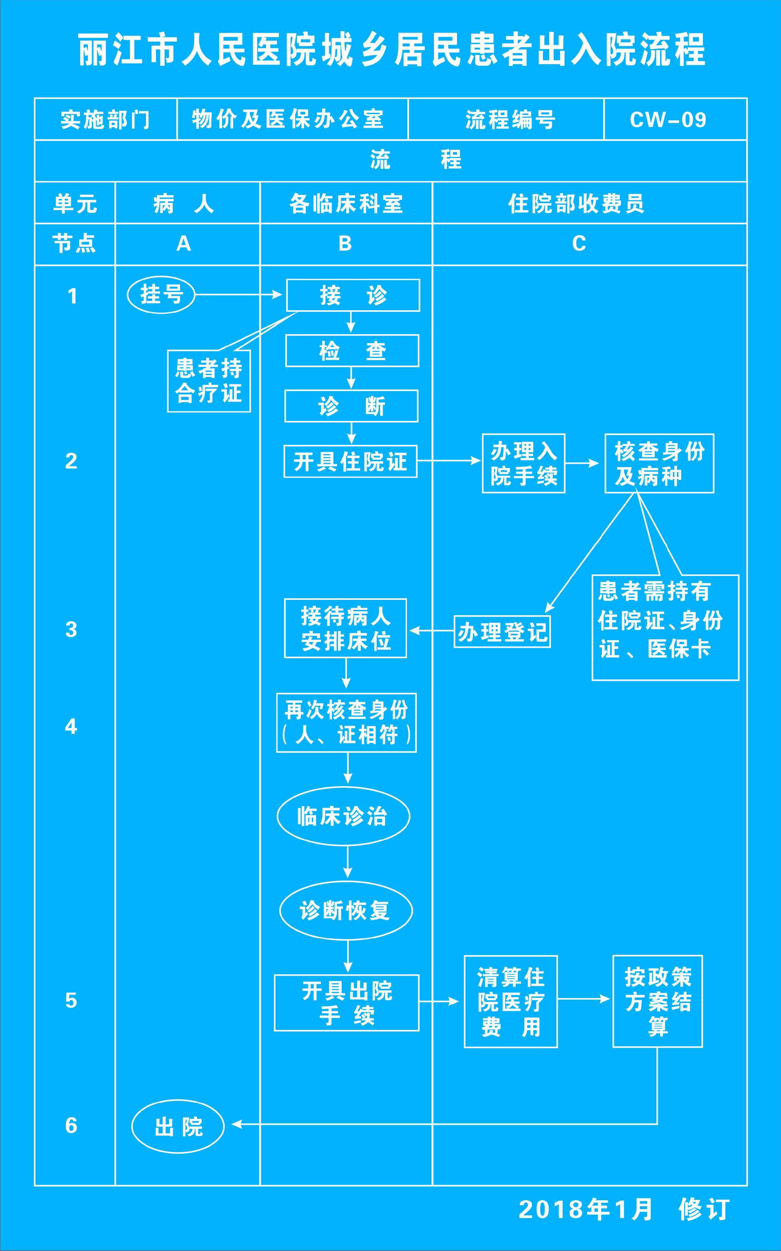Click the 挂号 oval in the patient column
(x=161, y=295)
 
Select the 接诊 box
(x=353, y=295)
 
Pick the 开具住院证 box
(x=350, y=461)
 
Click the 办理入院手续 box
(x=523, y=463)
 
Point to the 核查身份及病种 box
(x=659, y=463)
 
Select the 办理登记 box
(x=502, y=631)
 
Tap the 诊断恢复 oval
(x=346, y=910)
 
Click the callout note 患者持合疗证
(x=209, y=381)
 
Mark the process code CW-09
(x=668, y=119)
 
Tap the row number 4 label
(x=71, y=726)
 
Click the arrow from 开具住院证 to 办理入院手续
(x=448, y=461)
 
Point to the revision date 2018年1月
(x=585, y=1210)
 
